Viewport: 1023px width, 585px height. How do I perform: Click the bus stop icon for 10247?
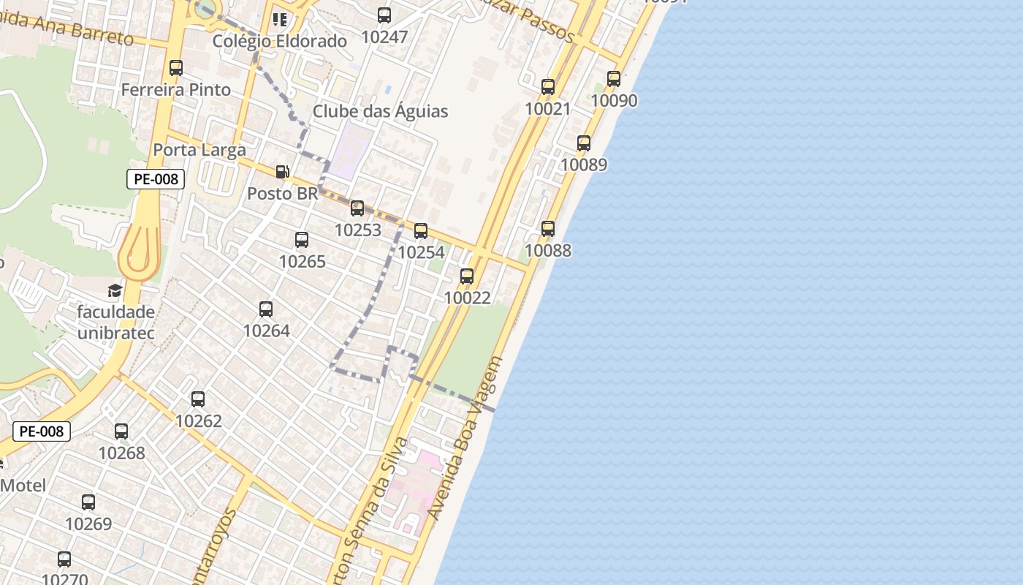pyautogui.click(x=384, y=15)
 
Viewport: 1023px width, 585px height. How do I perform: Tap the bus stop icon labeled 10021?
pyautogui.click(x=548, y=87)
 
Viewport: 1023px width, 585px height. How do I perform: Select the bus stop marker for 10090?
pyautogui.click(x=614, y=79)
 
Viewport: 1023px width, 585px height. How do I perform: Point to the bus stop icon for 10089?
pyautogui.click(x=584, y=143)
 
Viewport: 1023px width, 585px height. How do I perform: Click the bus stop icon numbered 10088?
pyautogui.click(x=548, y=229)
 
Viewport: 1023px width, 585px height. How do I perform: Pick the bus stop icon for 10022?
pyautogui.click(x=467, y=276)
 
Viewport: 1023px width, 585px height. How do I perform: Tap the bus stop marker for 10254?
pyautogui.click(x=421, y=231)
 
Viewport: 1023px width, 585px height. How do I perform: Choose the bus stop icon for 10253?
pyautogui.click(x=357, y=208)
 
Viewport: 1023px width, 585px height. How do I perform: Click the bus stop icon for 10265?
pyautogui.click(x=302, y=240)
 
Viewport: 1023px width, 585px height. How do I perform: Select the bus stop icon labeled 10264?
pyautogui.click(x=266, y=309)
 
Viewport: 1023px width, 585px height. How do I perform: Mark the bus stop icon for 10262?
pyautogui.click(x=198, y=399)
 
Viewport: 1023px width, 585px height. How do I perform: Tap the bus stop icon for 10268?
pyautogui.click(x=121, y=431)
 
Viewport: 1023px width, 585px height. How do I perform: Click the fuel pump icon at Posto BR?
pyautogui.click(x=282, y=172)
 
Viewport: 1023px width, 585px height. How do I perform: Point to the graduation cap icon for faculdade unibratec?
pyautogui.click(x=115, y=291)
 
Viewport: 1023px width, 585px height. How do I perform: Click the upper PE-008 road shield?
pyautogui.click(x=156, y=179)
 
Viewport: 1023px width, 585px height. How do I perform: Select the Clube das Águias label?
pyautogui.click(x=380, y=112)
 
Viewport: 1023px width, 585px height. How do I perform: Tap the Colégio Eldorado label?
pyautogui.click(x=279, y=42)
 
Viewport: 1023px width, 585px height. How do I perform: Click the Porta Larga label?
pyautogui.click(x=199, y=151)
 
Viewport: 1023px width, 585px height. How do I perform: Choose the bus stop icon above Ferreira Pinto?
pyautogui.click(x=176, y=68)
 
